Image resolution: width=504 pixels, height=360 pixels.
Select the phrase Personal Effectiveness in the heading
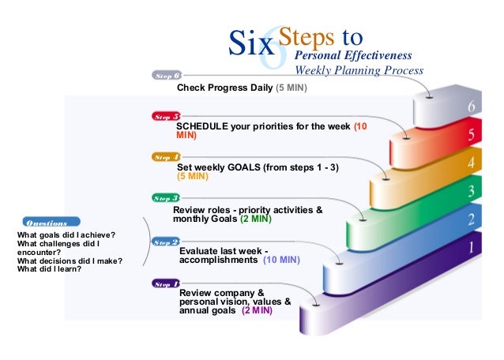[352, 56]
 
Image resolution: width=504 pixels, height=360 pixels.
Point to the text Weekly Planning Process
[359, 71]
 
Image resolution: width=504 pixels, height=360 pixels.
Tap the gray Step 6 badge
[167, 76]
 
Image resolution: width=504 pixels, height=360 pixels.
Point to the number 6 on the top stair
[472, 107]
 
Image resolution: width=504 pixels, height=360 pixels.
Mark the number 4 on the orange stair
[471, 163]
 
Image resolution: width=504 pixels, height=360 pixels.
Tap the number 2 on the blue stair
[472, 219]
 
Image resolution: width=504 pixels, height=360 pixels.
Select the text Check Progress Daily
[224, 88]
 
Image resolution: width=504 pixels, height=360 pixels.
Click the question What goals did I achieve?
[66, 234]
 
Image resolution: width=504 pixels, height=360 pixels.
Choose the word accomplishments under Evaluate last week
[218, 259]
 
